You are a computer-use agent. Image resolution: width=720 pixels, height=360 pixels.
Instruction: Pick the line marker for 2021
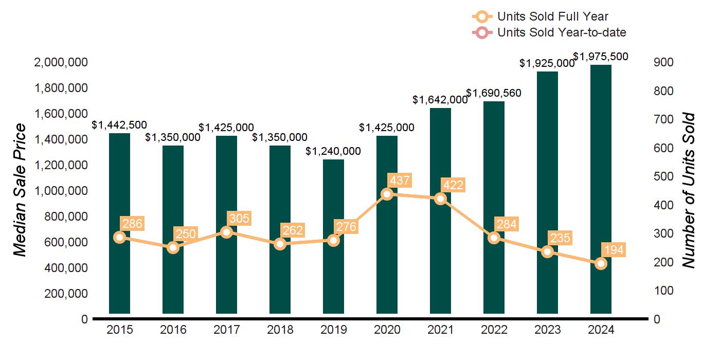pyautogui.click(x=440, y=199)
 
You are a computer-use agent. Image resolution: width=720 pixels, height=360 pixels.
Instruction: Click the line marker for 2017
pyautogui.click(x=226, y=232)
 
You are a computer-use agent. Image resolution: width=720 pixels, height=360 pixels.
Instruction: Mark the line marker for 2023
pyautogui.click(x=547, y=251)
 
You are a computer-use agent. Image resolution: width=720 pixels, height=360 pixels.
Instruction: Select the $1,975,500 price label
pyautogui.click(x=601, y=56)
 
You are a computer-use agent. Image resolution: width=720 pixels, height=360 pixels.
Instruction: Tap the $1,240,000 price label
pyautogui.click(x=333, y=151)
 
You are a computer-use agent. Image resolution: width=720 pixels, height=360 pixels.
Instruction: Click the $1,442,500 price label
pyautogui.click(x=119, y=125)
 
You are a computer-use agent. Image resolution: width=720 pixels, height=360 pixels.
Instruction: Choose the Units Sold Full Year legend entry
pyautogui.click(x=552, y=16)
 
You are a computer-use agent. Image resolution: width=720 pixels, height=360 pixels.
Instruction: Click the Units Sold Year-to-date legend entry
pyautogui.click(x=561, y=32)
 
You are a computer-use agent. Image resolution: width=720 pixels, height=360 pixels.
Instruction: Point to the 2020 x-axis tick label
pyautogui.click(x=387, y=330)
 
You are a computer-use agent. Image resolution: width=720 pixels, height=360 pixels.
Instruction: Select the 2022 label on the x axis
pyautogui.click(x=494, y=330)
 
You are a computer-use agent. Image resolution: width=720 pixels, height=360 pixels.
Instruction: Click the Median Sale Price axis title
pyautogui.click(x=20, y=190)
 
